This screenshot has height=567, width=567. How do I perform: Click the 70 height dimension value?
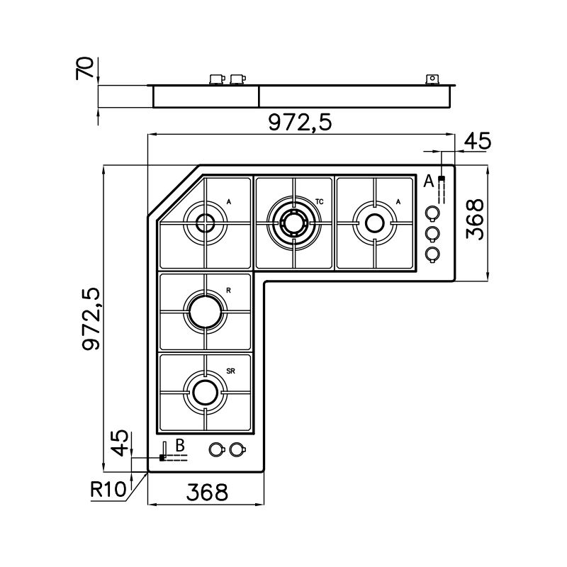(85, 67)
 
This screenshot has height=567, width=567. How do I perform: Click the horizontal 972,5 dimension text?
(300, 122)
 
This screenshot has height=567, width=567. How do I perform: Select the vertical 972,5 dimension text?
(91, 318)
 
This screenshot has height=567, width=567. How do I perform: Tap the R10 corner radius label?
(108, 489)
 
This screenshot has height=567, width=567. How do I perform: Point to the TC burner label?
(320, 202)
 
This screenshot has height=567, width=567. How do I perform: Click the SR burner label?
(231, 371)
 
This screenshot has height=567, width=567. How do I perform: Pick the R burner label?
(228, 291)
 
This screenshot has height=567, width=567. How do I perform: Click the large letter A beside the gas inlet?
(429, 181)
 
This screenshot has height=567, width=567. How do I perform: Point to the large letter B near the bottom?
(180, 446)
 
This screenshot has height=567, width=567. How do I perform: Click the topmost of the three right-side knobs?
(432, 213)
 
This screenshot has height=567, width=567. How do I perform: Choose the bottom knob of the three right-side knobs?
(432, 254)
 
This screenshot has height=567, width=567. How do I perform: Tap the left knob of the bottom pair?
(216, 449)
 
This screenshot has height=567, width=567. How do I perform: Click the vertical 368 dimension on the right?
(474, 219)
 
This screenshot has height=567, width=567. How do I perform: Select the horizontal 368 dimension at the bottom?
(207, 492)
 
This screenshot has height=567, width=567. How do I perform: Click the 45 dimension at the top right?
(477, 140)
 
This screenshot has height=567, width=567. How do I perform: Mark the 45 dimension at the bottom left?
(119, 443)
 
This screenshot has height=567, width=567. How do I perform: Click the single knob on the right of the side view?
(432, 79)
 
